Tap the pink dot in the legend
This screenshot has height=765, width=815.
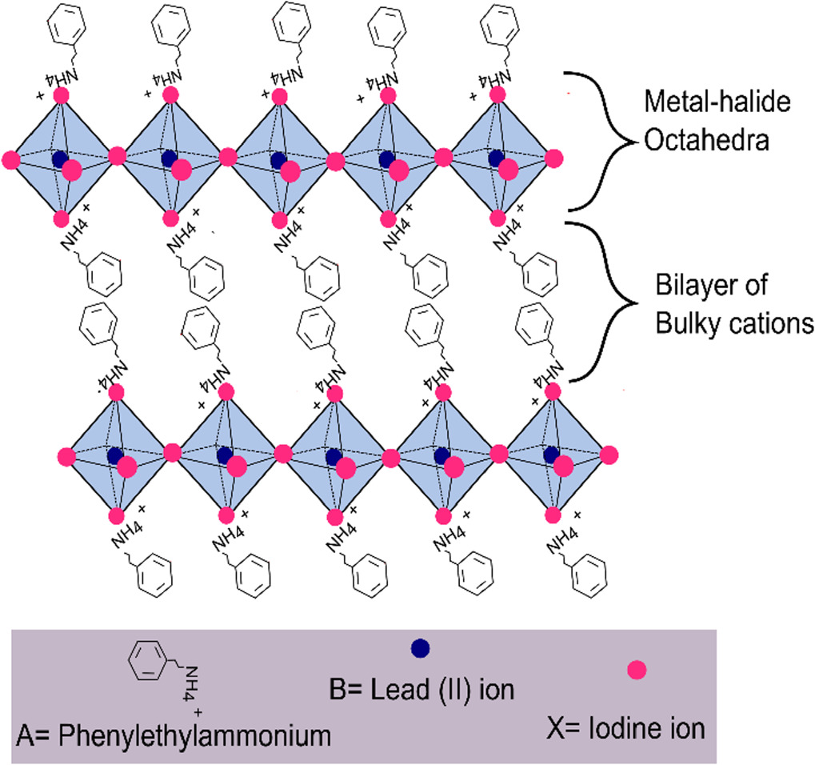click(x=637, y=670)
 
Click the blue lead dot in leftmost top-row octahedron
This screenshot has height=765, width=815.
click(x=59, y=158)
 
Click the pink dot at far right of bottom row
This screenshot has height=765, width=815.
click(x=609, y=455)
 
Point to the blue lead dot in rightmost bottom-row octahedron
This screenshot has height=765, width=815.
click(x=551, y=455)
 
